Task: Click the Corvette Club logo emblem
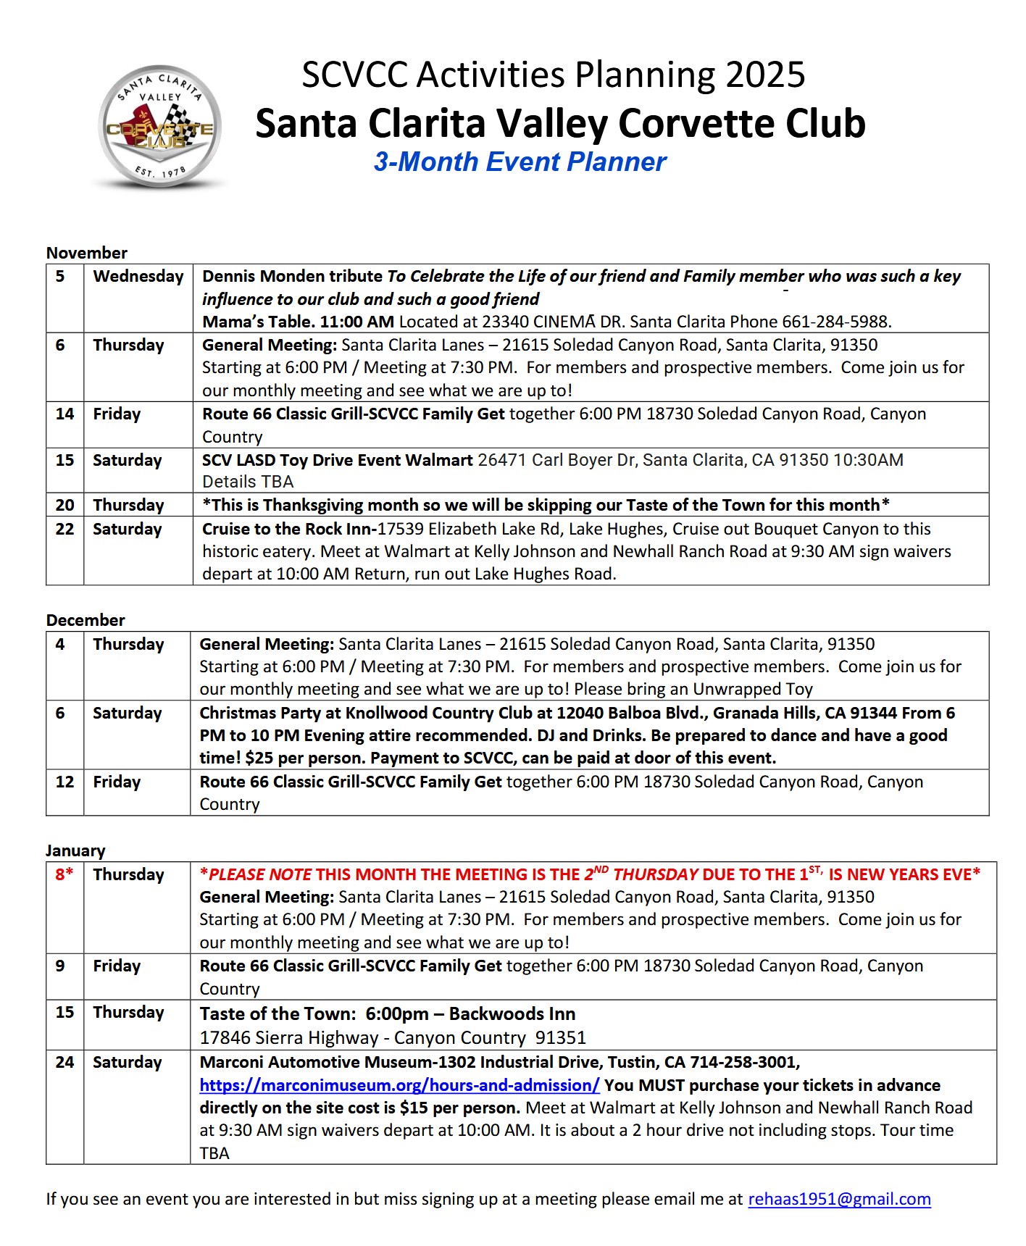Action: tap(159, 127)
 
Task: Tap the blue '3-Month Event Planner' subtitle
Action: tap(520, 162)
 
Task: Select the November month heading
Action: tap(86, 253)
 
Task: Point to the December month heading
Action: tap(85, 620)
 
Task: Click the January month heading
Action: tap(75, 850)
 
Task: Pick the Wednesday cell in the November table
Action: tap(138, 277)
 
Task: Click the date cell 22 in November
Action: tap(64, 530)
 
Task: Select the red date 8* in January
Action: tap(64, 874)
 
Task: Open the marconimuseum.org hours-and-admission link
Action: tap(399, 1085)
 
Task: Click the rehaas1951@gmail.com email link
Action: tap(839, 1199)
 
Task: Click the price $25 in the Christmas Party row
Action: tap(259, 758)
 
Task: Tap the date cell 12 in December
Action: tap(64, 782)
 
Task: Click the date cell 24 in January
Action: tap(64, 1063)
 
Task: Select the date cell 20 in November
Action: tap(64, 506)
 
